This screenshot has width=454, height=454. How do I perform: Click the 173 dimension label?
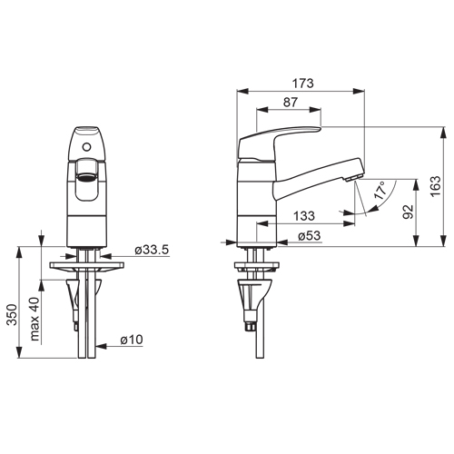click(x=302, y=84)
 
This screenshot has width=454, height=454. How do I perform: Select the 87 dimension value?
click(x=291, y=103)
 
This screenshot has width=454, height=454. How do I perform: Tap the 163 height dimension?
click(x=436, y=186)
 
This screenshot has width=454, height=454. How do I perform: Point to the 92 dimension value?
click(x=408, y=212)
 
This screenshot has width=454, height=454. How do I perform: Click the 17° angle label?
click(x=380, y=191)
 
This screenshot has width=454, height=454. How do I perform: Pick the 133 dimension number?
click(x=304, y=216)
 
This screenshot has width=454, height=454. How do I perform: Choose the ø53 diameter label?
click(x=309, y=235)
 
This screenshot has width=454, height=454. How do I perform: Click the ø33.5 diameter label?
click(x=152, y=250)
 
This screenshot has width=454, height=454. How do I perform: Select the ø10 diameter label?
click(x=132, y=340)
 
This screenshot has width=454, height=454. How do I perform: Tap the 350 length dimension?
click(x=12, y=315)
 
